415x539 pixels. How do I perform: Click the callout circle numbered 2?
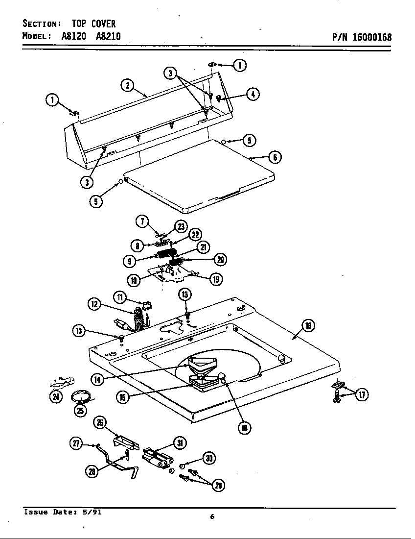tap(127, 85)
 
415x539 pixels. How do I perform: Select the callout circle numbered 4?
tap(253, 94)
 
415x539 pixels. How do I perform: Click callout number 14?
tap(97, 378)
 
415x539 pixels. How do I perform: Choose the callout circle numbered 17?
tap(362, 394)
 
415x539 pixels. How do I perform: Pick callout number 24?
tap(56, 397)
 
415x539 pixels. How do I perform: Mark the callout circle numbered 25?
tap(80, 411)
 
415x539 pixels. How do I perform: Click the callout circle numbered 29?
tap(217, 485)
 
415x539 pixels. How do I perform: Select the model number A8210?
tap(105, 36)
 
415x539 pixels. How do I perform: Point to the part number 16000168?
tap(371, 37)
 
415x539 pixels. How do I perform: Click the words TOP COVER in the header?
tap(93, 24)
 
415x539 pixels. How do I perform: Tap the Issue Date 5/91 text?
tap(63, 513)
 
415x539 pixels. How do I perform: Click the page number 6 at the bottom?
tap(212, 516)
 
